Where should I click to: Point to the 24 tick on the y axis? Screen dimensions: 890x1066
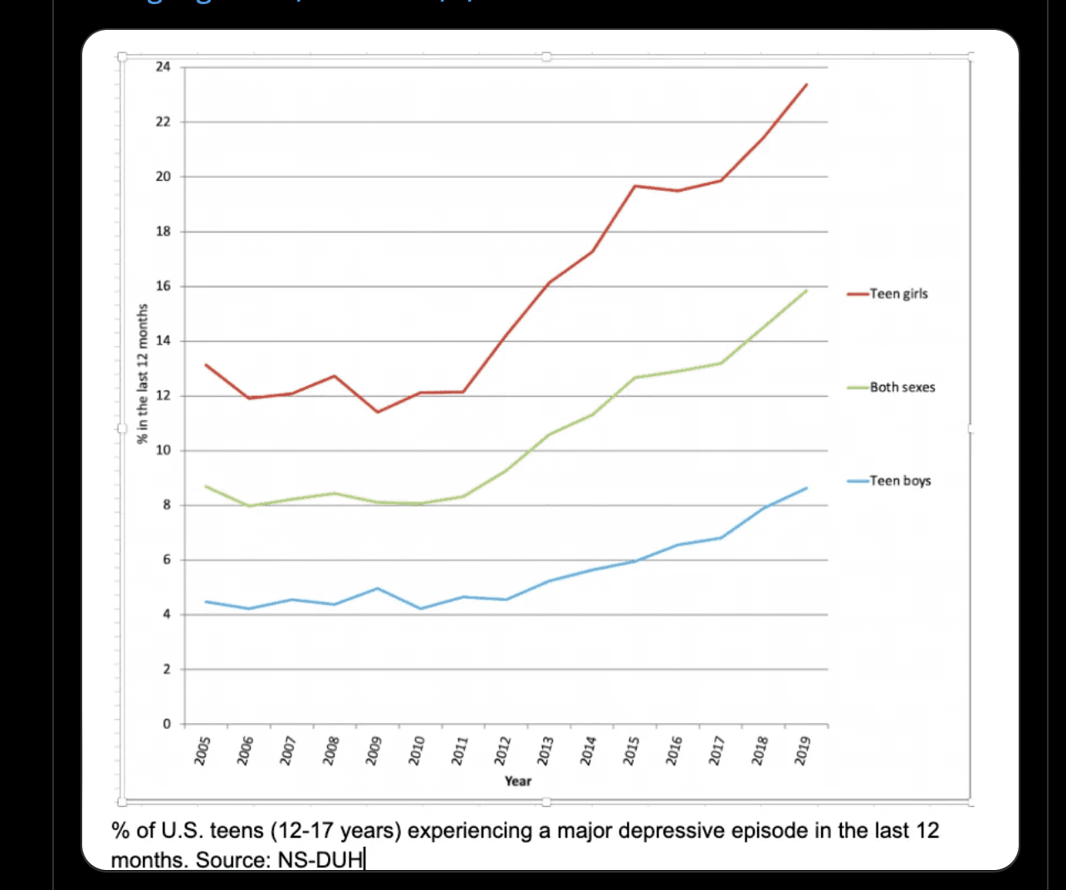(163, 67)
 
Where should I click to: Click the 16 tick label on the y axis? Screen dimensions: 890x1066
(163, 286)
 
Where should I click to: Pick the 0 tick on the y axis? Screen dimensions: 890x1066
(166, 724)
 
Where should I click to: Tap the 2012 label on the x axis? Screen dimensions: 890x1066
(501, 750)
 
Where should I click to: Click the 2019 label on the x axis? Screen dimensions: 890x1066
(802, 750)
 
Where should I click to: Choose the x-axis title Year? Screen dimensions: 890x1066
(518, 781)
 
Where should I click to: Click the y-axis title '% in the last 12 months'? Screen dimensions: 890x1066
(143, 373)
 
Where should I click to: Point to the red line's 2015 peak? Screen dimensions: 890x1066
(635, 186)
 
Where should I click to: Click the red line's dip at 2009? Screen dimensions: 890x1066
(378, 412)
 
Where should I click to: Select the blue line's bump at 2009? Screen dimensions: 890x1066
(378, 589)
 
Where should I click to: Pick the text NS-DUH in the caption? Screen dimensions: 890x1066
(320, 860)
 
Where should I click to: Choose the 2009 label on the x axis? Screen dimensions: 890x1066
(374, 750)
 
